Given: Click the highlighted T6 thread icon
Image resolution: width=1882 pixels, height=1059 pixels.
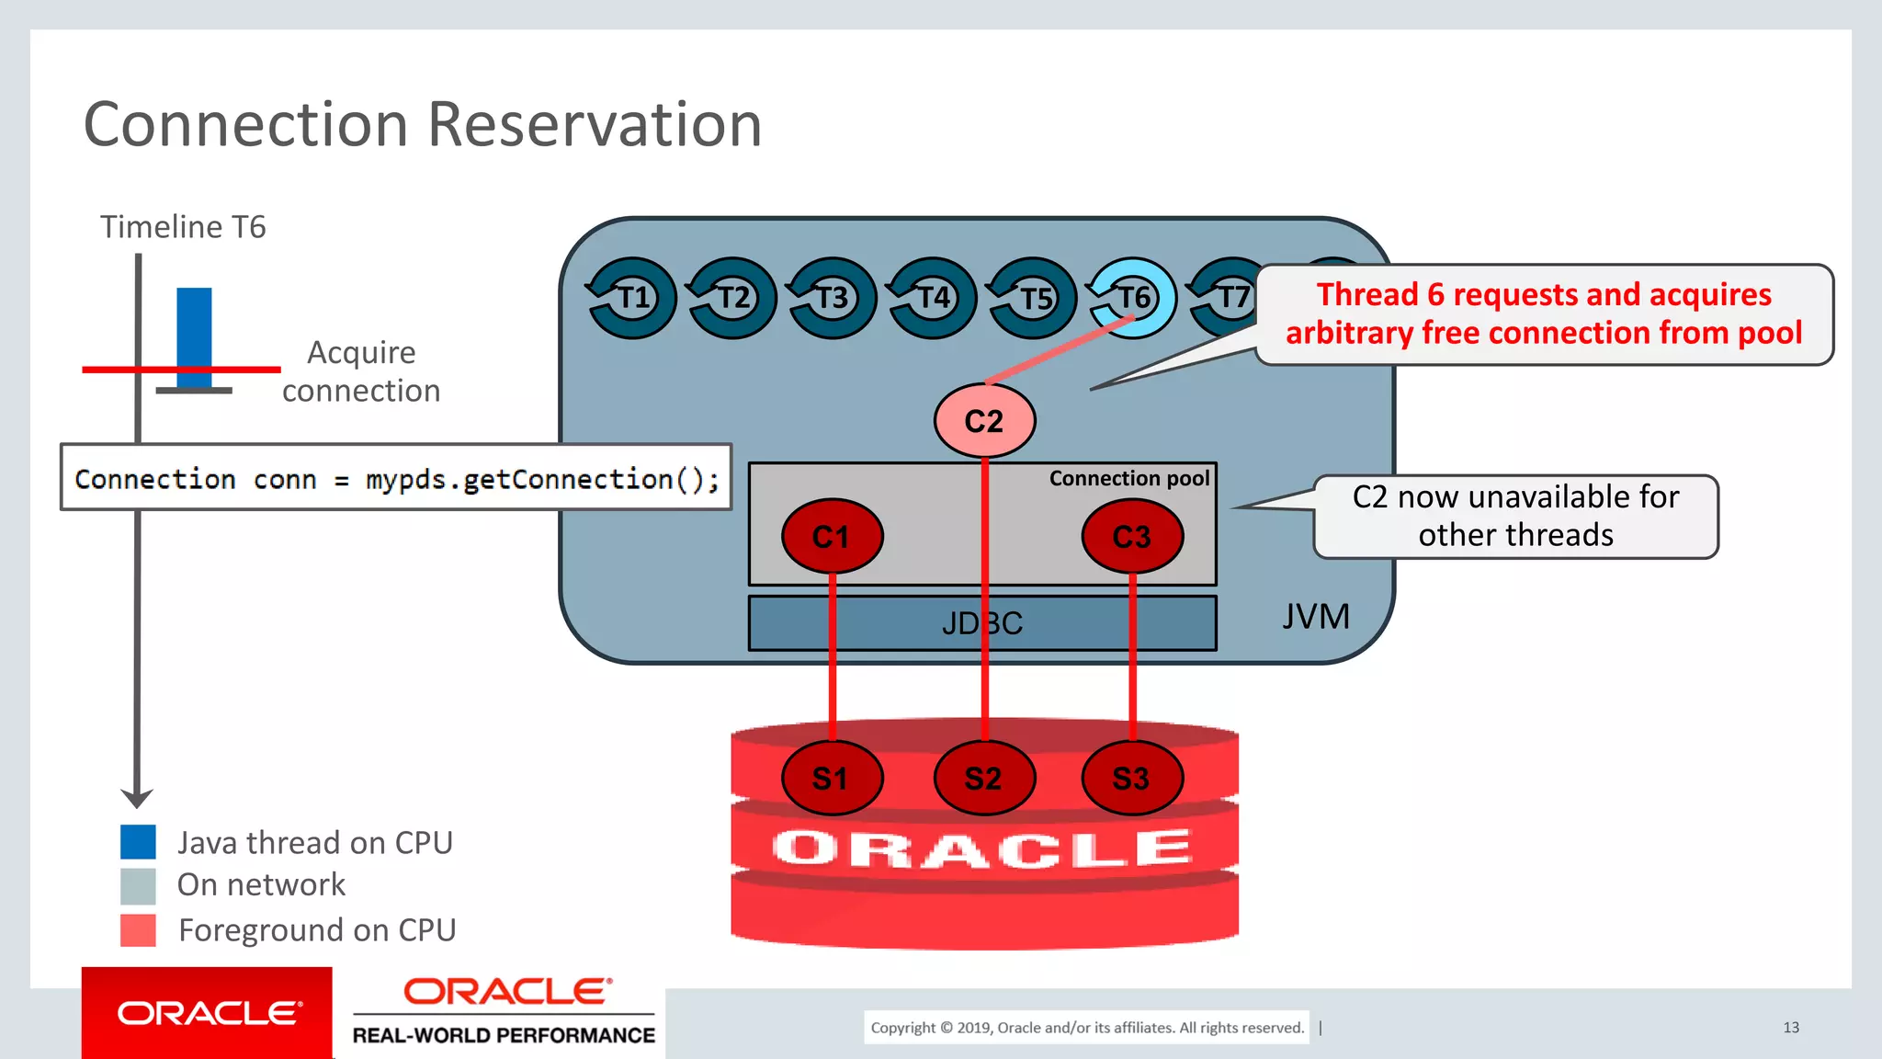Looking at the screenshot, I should click(1133, 298).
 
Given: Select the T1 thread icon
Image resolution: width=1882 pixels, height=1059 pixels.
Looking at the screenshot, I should click(632, 298).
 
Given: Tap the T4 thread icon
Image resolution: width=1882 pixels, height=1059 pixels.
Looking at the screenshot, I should click(933, 298).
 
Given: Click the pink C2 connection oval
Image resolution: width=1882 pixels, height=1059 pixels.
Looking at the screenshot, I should click(984, 421).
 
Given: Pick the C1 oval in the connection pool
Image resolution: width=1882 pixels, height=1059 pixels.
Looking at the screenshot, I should click(832, 536).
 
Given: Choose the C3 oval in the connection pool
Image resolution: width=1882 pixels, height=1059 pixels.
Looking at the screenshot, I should click(1132, 536).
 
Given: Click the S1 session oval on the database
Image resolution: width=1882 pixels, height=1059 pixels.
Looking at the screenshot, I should click(832, 779).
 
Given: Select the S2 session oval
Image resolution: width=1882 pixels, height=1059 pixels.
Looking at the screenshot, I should click(984, 779).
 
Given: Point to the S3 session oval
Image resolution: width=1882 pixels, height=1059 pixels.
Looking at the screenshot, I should click(1132, 779).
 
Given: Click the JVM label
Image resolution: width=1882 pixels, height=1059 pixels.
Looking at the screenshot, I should click(1315, 617).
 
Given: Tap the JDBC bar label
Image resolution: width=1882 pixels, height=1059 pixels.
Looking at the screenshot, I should click(982, 623).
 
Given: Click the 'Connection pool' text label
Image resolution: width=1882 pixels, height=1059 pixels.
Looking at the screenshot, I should click(1128, 478).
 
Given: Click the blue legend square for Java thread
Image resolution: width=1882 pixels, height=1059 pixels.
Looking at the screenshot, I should click(138, 842).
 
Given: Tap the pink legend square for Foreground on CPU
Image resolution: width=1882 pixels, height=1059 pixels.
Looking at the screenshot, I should click(138, 930).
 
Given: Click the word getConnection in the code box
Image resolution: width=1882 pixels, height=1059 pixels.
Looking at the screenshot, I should click(567, 479).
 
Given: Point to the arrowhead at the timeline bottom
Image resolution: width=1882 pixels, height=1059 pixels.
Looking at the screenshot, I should click(137, 798).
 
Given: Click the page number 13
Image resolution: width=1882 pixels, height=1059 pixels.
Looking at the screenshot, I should click(1790, 1028).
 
